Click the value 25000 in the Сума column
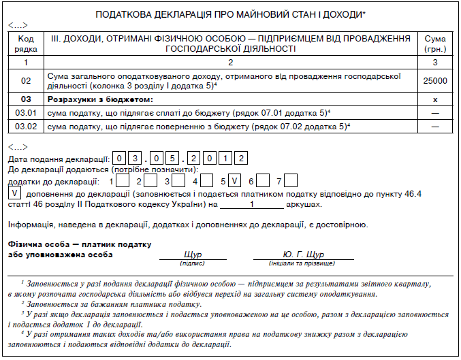(x=434, y=81)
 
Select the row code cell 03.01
(x=27, y=112)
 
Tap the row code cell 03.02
(x=27, y=127)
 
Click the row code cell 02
(x=27, y=81)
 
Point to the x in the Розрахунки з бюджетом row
(x=434, y=99)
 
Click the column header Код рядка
(x=27, y=44)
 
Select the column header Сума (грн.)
(x=434, y=44)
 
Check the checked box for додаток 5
(x=234, y=181)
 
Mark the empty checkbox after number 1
(x=123, y=181)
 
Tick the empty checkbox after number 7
(x=291, y=181)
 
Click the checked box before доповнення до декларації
(x=14, y=193)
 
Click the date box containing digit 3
(x=139, y=159)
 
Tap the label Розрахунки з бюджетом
(x=89, y=99)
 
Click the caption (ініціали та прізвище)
(x=303, y=263)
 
